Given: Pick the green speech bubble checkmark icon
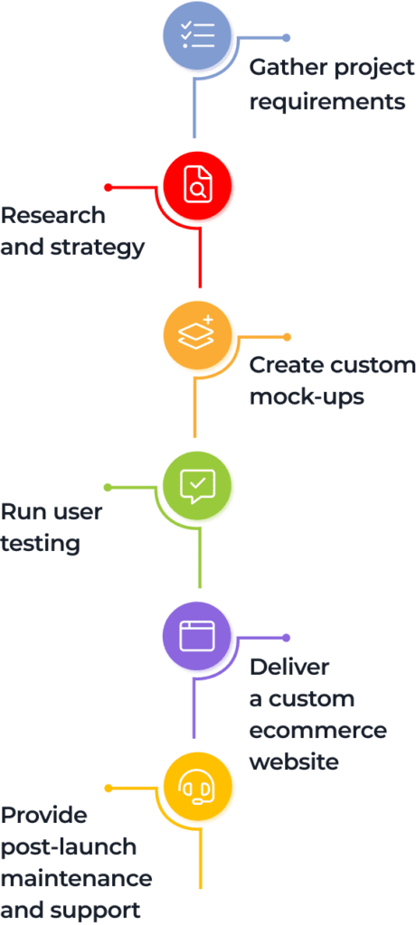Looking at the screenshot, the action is pyautogui.click(x=198, y=487).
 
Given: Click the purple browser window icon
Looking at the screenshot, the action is pyautogui.click(x=197, y=635).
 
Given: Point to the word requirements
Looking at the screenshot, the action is pyautogui.click(x=327, y=102).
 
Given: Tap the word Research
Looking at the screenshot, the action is pyautogui.click(x=53, y=215).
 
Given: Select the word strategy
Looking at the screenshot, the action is pyautogui.click(x=98, y=248).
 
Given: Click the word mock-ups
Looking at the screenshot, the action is pyautogui.click(x=307, y=397).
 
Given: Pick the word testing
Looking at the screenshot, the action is pyautogui.click(x=40, y=543).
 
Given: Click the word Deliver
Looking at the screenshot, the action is pyautogui.click(x=289, y=667).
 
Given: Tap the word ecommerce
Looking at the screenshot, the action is pyautogui.click(x=318, y=730).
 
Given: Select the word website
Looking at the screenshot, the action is pyautogui.click(x=294, y=761).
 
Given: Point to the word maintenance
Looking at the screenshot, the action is pyautogui.click(x=77, y=878).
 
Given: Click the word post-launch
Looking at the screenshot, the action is pyautogui.click(x=69, y=847).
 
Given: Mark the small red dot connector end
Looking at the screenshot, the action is pyautogui.click(x=109, y=188).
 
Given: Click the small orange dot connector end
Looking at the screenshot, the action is pyautogui.click(x=287, y=337).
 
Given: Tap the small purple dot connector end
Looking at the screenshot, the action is pyautogui.click(x=287, y=638).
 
